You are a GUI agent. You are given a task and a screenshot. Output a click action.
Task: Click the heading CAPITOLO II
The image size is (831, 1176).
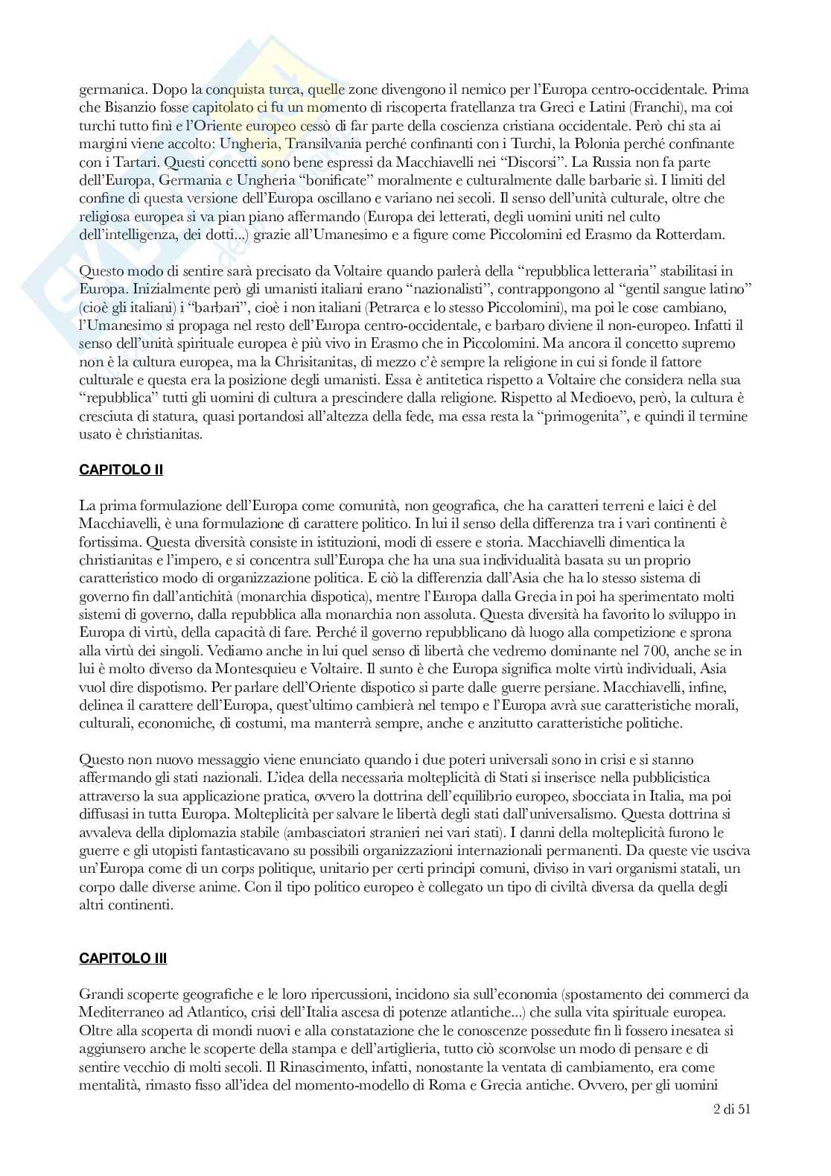pos(121,470)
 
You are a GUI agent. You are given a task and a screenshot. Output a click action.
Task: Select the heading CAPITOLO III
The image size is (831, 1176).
pos(123,958)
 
